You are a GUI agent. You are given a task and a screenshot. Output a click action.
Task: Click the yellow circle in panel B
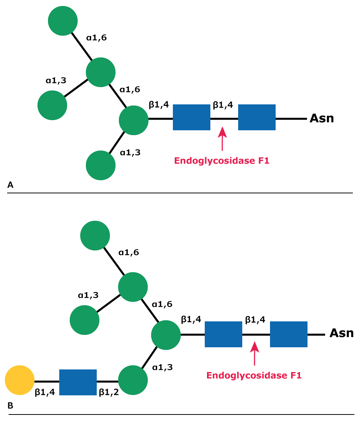19,380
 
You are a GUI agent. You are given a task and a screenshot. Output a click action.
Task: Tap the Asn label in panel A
321,119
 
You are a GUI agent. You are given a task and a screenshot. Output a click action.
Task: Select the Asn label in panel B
341,333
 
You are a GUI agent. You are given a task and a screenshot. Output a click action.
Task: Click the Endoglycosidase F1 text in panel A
222,161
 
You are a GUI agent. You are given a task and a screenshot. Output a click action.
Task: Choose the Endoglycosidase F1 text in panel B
254,375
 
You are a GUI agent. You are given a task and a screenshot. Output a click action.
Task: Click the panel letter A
10,184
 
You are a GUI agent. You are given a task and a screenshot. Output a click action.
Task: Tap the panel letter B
10,406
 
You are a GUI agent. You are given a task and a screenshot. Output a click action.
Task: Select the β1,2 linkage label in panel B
108,392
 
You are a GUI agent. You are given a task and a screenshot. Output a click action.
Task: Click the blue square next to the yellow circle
78,382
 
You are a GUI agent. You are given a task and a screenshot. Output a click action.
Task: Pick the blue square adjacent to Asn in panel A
257,117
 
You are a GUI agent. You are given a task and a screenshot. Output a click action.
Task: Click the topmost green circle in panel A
63,21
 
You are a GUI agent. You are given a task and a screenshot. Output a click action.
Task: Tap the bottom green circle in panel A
100,165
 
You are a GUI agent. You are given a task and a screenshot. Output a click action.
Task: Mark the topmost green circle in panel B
95,235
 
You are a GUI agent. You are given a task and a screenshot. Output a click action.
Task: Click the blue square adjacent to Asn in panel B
289,334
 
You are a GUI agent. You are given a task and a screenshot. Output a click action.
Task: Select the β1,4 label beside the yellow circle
45,392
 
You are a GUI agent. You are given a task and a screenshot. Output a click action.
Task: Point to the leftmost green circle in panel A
52,105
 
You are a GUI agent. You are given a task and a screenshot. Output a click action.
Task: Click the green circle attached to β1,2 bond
133,380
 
